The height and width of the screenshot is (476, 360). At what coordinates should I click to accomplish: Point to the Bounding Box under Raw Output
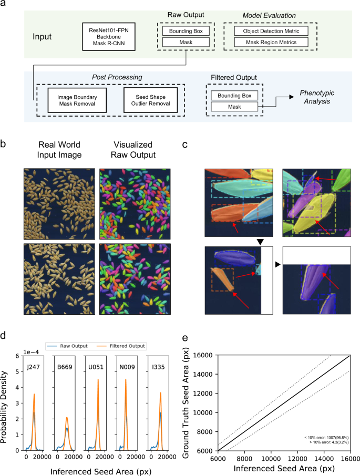(x=187, y=31)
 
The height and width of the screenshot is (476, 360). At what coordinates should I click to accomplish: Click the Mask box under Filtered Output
(x=234, y=107)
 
